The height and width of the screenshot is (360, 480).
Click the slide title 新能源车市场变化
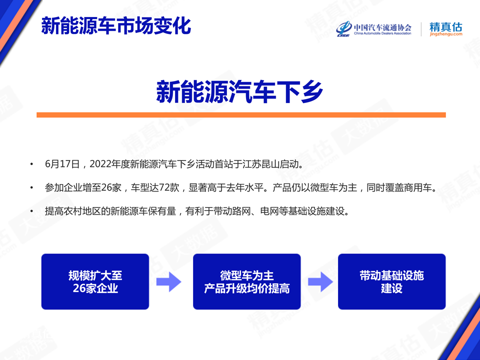(116, 25)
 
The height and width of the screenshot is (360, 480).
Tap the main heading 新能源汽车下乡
(239, 91)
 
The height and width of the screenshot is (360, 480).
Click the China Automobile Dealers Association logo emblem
(344, 29)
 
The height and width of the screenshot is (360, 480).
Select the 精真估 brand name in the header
(445, 26)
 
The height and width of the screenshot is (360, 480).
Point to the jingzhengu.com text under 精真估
(445, 34)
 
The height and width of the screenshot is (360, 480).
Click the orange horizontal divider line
(241, 115)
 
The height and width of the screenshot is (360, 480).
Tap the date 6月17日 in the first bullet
(62, 164)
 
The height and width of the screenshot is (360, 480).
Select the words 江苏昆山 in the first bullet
(261, 164)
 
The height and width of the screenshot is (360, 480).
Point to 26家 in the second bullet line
(111, 187)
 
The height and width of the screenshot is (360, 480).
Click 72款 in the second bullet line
(168, 187)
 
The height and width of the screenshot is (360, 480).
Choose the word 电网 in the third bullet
(269, 211)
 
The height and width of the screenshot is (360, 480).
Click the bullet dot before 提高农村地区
(31, 211)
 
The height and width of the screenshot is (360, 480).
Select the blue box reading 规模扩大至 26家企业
(95, 281)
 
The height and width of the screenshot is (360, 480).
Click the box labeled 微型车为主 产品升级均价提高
(246, 281)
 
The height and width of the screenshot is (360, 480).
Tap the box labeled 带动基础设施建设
(392, 281)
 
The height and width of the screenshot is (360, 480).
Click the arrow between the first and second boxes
(168, 281)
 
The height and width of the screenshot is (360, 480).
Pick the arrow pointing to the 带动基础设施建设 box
(320, 281)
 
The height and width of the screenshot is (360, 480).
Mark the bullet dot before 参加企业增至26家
(31, 187)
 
